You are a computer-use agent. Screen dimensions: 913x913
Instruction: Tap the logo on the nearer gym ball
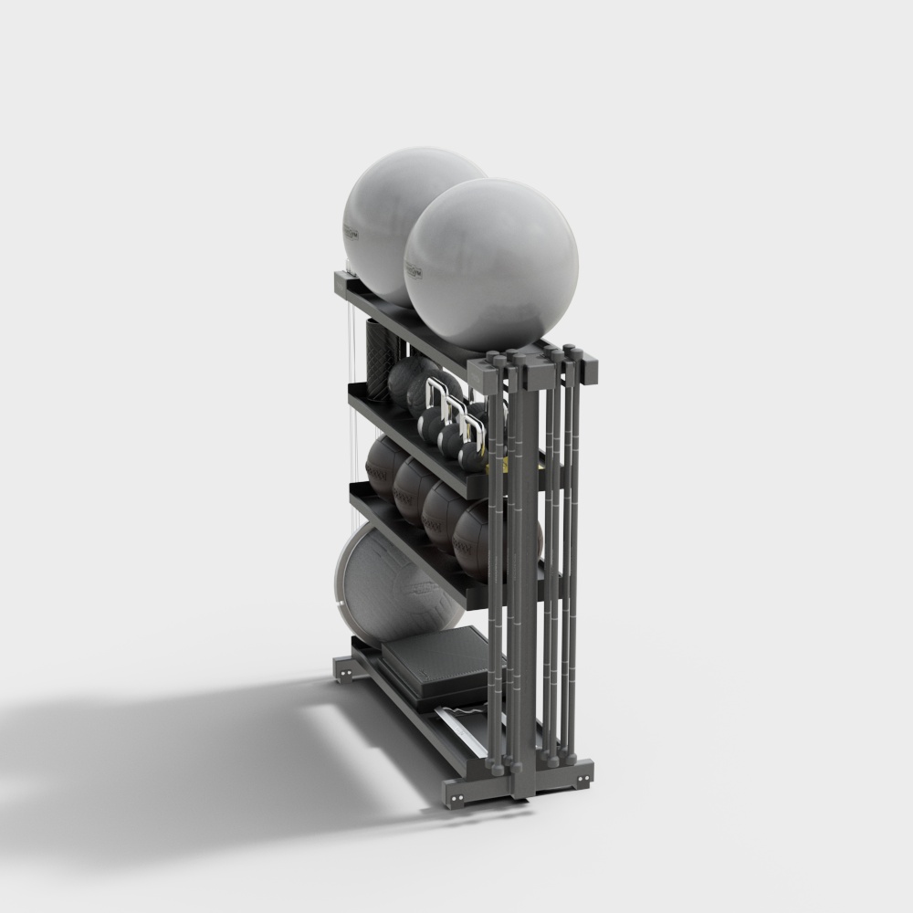tap(416, 270)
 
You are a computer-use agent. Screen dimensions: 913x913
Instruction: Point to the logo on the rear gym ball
tap(351, 232)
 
